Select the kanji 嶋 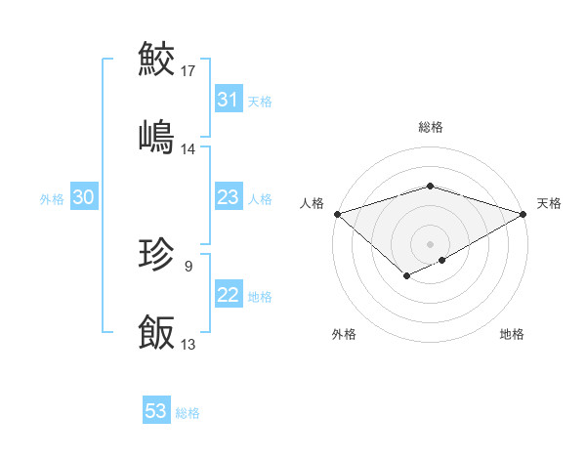156,135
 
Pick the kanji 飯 156,332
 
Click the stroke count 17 188,71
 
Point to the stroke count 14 188,149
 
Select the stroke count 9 188,265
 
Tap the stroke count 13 188,345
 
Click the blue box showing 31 228,100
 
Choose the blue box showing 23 228,198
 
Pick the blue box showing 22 228,296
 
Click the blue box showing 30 83,198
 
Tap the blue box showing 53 156,411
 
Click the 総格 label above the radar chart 431,127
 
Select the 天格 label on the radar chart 549,203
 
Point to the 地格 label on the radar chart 512,334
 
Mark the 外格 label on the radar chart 344,334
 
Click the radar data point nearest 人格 337,213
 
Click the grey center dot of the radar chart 431,243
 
